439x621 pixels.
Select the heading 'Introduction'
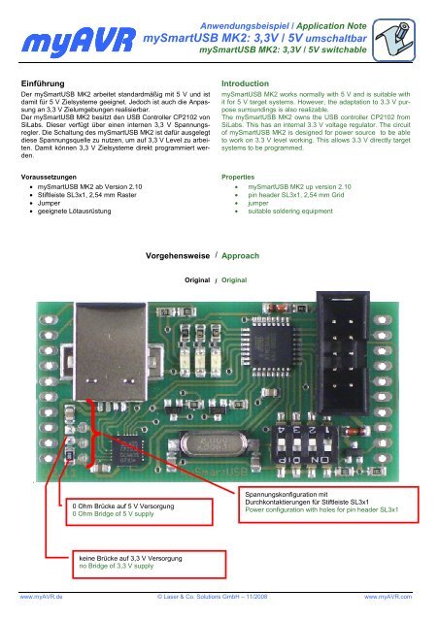pos(250,86)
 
